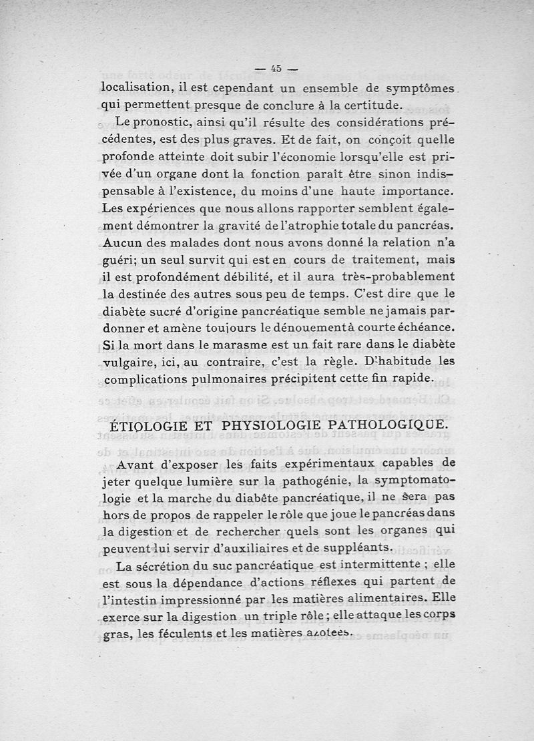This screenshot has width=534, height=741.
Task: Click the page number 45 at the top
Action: click(275, 67)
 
